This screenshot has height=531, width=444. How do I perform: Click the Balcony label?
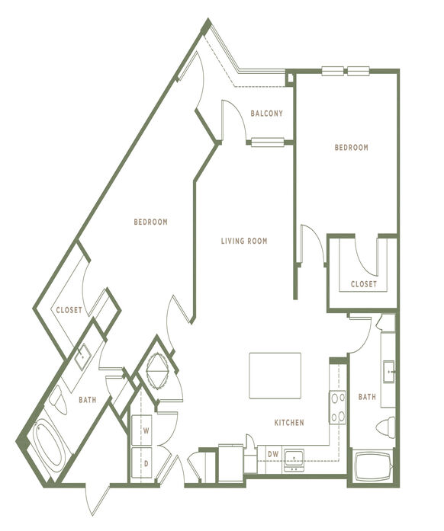click(266, 114)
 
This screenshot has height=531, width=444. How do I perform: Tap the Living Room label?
click(244, 241)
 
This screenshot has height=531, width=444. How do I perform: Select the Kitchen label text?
click(289, 423)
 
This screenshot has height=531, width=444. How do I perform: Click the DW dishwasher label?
click(273, 455)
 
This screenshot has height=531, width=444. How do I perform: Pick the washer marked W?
click(142, 430)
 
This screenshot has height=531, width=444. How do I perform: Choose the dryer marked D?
click(142, 462)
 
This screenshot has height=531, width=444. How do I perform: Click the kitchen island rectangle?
click(275, 376)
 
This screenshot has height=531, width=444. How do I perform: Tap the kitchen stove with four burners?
click(337, 407)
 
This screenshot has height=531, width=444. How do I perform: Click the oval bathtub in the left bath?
click(50, 442)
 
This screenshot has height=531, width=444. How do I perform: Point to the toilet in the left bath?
click(58, 400)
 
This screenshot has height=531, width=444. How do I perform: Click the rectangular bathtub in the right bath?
click(372, 465)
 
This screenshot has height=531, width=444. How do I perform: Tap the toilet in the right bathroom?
click(386, 427)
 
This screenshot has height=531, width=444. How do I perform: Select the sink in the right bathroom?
click(389, 372)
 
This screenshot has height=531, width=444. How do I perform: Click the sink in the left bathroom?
click(82, 357)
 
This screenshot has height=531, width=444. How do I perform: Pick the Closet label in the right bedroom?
click(364, 284)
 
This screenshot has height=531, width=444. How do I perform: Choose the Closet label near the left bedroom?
click(69, 310)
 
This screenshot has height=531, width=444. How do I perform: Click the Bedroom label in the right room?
click(352, 148)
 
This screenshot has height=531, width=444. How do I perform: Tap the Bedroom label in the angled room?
click(150, 222)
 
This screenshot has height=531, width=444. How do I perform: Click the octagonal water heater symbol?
click(157, 371)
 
